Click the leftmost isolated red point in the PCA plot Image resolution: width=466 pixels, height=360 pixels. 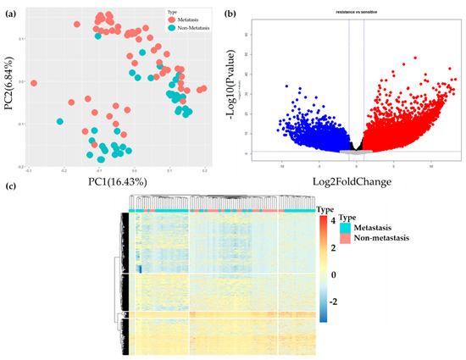(35, 83)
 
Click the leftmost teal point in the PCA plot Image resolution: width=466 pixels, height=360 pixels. (60, 121)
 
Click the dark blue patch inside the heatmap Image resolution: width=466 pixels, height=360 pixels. (138, 269)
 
